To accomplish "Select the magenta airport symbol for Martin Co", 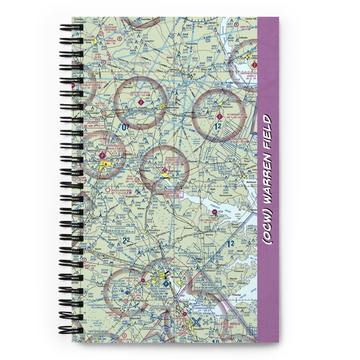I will pos(140,103).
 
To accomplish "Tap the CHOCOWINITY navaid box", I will pos(174,194).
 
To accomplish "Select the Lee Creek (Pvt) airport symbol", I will pos(215,212).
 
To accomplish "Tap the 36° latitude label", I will pos(191,76).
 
